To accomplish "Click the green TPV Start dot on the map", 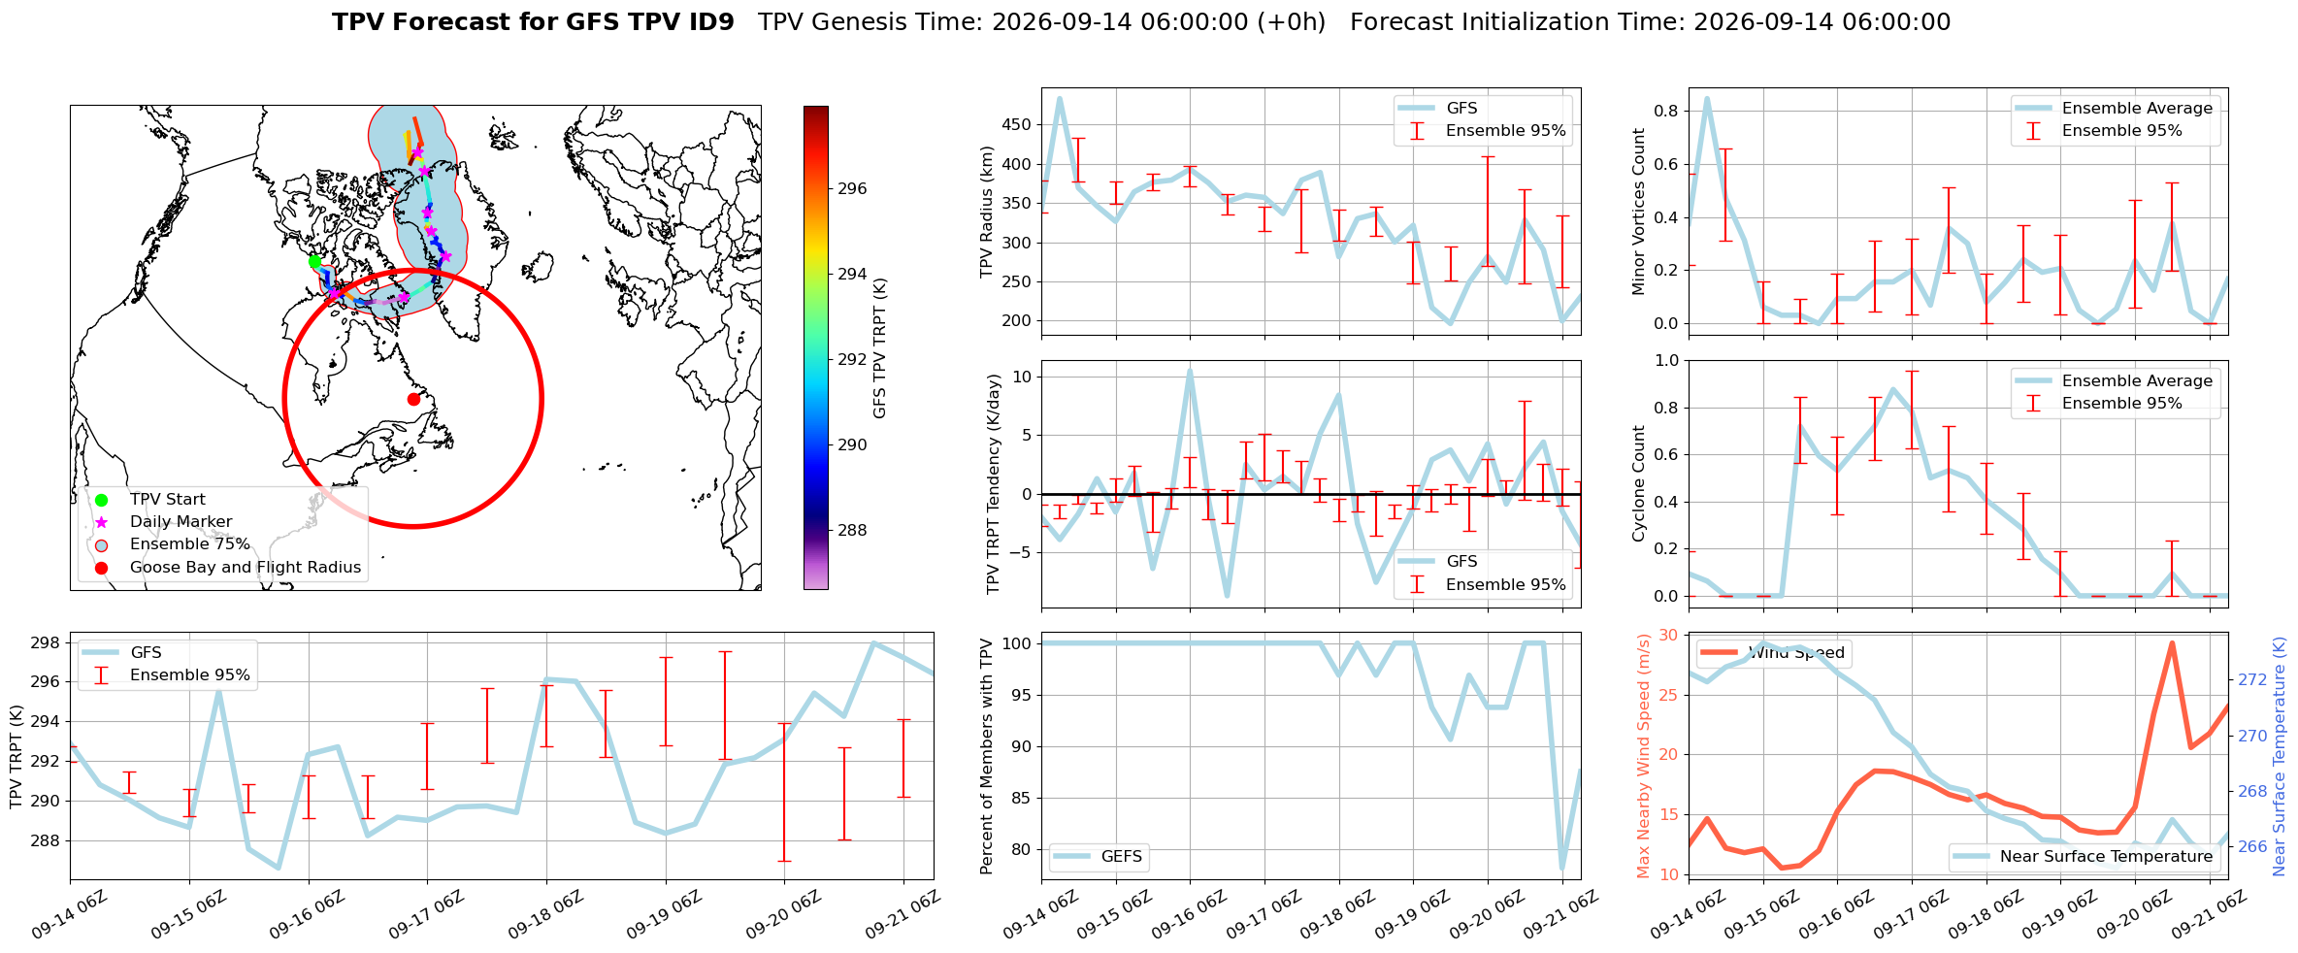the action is [314, 261].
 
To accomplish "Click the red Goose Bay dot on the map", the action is [413, 399].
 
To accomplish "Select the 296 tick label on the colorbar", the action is [852, 188].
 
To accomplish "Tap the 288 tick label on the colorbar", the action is [852, 530].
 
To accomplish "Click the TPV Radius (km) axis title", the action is [988, 212].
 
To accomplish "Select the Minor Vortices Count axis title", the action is [1639, 212].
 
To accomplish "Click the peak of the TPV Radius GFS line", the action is [1060, 98].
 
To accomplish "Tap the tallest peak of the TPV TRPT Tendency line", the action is [1190, 371].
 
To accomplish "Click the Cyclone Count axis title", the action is [1639, 483].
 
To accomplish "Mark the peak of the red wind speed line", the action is [2172, 642].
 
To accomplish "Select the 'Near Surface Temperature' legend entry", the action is [2084, 856].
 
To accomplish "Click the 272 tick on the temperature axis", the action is [2252, 679].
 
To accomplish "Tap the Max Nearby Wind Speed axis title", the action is [1643, 756].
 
